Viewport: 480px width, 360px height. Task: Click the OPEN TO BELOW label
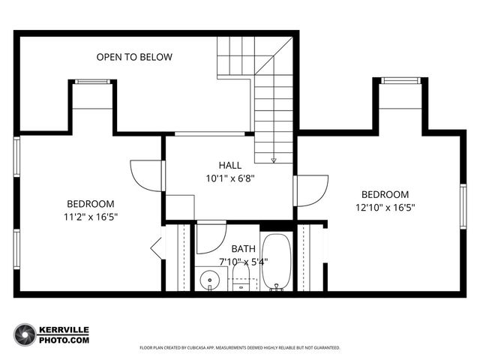click(134, 57)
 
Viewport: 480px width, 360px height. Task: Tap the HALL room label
click(230, 165)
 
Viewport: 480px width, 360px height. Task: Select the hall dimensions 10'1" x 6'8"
click(230, 178)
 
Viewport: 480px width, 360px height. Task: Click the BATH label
click(243, 248)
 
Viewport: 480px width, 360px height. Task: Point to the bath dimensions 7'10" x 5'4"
click(237, 261)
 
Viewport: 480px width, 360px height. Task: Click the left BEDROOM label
click(91, 204)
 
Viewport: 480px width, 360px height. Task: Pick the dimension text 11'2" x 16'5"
click(91, 217)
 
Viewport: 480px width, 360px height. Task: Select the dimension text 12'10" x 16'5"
click(385, 207)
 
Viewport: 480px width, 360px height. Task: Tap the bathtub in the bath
click(277, 263)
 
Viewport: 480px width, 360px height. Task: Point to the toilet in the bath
click(241, 284)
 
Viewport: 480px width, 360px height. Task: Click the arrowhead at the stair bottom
click(274, 159)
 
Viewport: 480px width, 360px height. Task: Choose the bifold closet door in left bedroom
click(156, 247)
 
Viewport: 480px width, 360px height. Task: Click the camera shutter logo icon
click(25, 334)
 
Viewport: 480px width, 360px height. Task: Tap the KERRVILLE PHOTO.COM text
click(64, 334)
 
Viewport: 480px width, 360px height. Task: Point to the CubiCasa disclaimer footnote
click(240, 348)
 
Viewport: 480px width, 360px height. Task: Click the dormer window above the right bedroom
click(399, 81)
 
